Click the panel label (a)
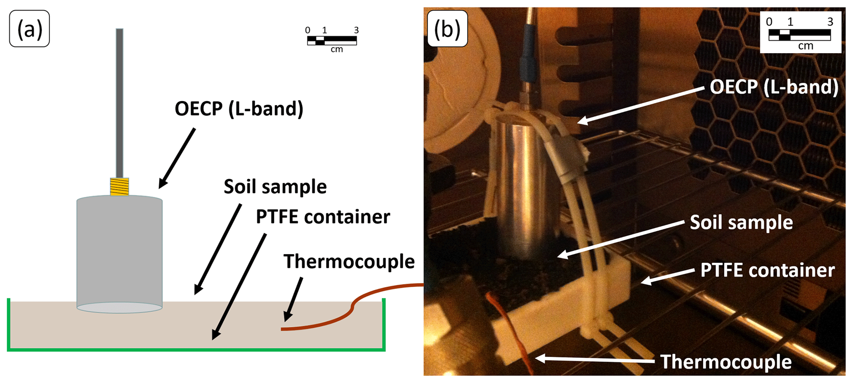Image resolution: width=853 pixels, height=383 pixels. pos(29,29)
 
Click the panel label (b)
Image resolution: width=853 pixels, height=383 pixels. pos(447,29)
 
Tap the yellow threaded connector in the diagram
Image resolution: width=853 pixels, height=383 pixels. pos(119,186)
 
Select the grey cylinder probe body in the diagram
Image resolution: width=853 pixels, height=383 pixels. pos(119,252)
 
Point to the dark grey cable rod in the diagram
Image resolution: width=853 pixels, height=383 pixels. pos(119,103)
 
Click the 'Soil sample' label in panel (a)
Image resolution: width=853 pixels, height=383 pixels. pos(275,187)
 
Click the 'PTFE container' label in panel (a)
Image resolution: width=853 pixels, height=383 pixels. pos(323,217)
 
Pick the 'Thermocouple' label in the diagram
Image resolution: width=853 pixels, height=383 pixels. pos(349,262)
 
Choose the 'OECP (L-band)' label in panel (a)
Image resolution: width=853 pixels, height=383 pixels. pos(239,109)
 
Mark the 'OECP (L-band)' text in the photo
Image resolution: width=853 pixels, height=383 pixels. pos(774,87)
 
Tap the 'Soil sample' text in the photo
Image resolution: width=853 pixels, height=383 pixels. pos(741,222)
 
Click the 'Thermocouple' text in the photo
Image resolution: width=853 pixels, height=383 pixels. pos(726,362)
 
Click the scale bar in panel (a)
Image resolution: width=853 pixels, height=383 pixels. pos(332,40)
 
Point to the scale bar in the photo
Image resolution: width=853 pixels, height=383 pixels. pos(799,35)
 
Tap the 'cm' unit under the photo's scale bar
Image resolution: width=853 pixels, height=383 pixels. pos(806,46)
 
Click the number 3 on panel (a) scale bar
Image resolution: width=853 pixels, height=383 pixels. pos(356,30)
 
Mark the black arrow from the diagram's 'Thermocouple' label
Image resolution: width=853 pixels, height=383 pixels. pos(293,299)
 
